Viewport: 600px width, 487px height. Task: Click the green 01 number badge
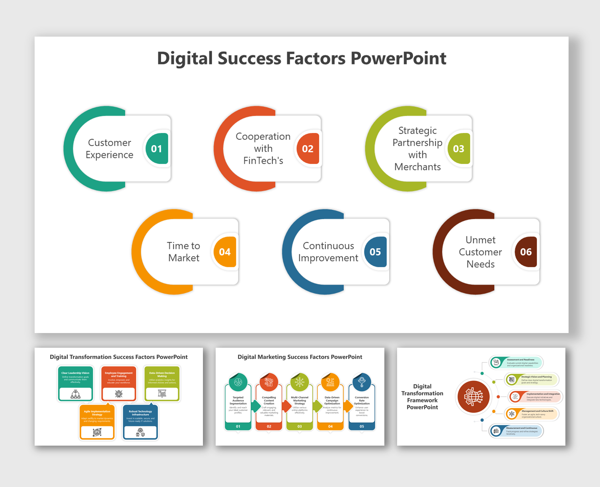156,149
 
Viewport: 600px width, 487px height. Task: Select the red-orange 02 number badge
308,149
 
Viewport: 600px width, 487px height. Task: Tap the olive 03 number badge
458,149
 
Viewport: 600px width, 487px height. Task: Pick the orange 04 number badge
225,252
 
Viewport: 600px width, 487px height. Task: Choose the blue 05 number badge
375,252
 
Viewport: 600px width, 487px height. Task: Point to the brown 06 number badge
526,252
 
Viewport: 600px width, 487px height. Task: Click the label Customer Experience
109,149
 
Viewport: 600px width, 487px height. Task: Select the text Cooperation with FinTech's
263,148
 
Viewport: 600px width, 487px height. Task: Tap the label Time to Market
183,252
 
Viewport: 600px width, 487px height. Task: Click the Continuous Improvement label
328,252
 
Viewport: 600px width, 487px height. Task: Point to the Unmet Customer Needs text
480,252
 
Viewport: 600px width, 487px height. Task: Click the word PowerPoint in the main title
398,58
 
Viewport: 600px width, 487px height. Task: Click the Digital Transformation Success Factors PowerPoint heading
119,357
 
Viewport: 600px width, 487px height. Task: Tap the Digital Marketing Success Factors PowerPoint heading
300,357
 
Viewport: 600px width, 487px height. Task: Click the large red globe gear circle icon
473,397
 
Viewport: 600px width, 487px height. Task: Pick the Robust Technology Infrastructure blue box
140,422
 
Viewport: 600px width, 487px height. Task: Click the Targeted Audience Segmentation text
238,400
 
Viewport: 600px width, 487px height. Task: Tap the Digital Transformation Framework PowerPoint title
422,397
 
